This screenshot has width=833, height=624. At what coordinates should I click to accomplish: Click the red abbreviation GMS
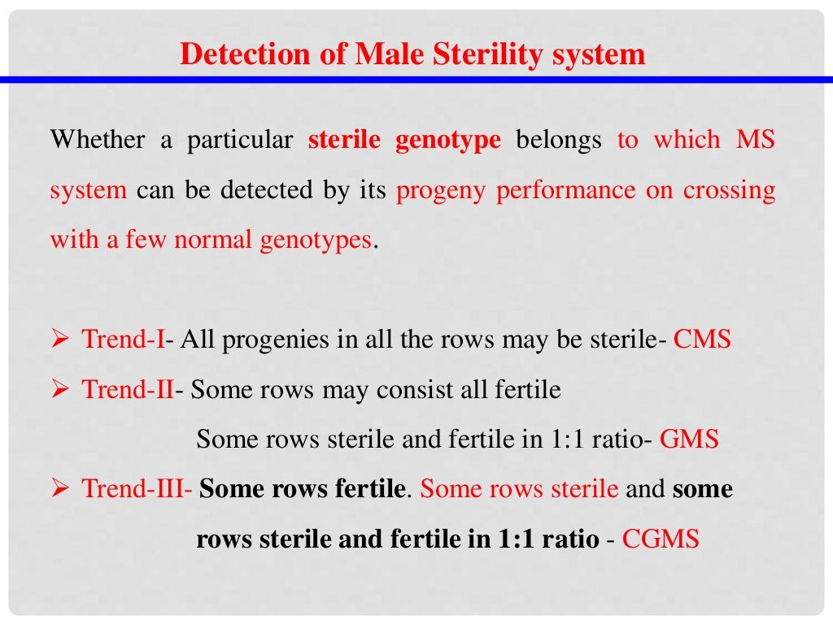[x=689, y=440]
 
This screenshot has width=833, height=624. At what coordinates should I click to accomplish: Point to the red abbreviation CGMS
[x=661, y=539]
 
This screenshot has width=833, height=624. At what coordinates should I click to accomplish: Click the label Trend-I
[x=123, y=339]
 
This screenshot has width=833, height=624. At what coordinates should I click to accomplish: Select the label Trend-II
[x=128, y=389]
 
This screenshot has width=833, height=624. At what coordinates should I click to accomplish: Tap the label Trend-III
[x=134, y=489]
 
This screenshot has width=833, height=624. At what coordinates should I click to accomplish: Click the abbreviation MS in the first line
[x=756, y=140]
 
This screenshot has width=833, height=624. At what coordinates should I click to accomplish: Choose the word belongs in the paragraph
[x=558, y=140]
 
